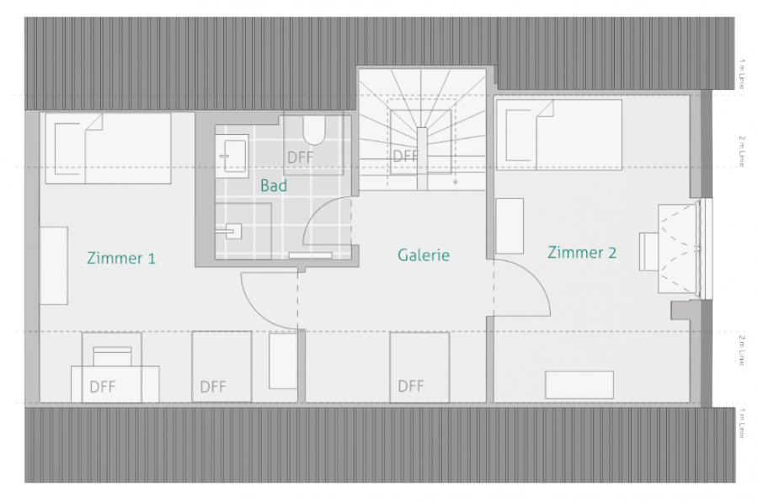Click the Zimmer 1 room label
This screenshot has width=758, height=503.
pos(121,258)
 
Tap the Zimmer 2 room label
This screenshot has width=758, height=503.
pos(582,252)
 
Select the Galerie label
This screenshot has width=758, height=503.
pos(424,254)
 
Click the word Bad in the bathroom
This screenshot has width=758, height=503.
pos(273,185)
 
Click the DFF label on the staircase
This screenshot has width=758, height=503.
pos(405,156)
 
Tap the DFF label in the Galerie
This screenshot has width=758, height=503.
pos(411,386)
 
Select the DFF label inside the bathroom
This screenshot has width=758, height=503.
pos(300,158)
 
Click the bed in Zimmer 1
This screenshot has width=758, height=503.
pos(107,147)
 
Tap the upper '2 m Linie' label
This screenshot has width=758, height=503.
pos(741,151)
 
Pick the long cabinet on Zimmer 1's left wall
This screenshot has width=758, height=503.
pos(54,265)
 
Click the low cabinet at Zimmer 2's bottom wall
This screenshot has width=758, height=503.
pos(579,384)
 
